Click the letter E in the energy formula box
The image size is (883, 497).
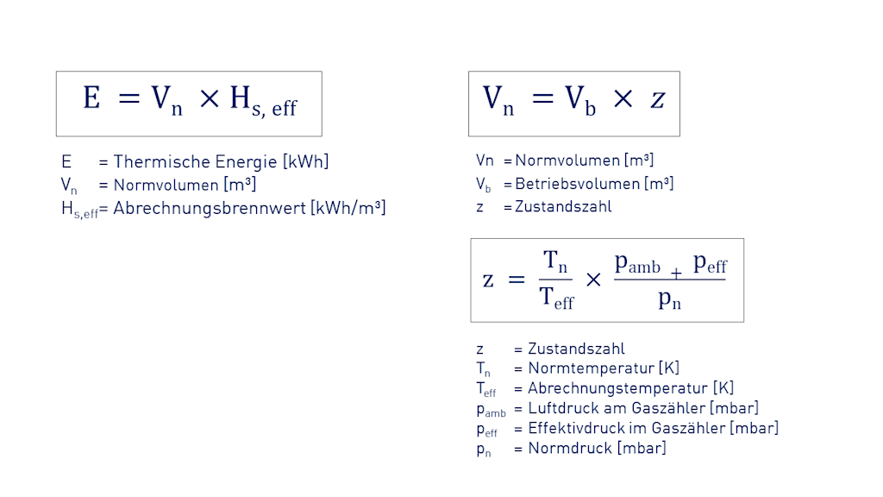coord(91,98)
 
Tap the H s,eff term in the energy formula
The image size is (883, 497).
coord(262,101)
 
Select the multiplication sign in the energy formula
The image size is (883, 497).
coord(209,99)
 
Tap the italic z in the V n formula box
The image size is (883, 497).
coord(658,99)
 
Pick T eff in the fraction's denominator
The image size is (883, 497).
coord(556,299)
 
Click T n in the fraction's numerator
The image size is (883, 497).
coord(554,261)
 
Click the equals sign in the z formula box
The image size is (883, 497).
coord(516,280)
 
